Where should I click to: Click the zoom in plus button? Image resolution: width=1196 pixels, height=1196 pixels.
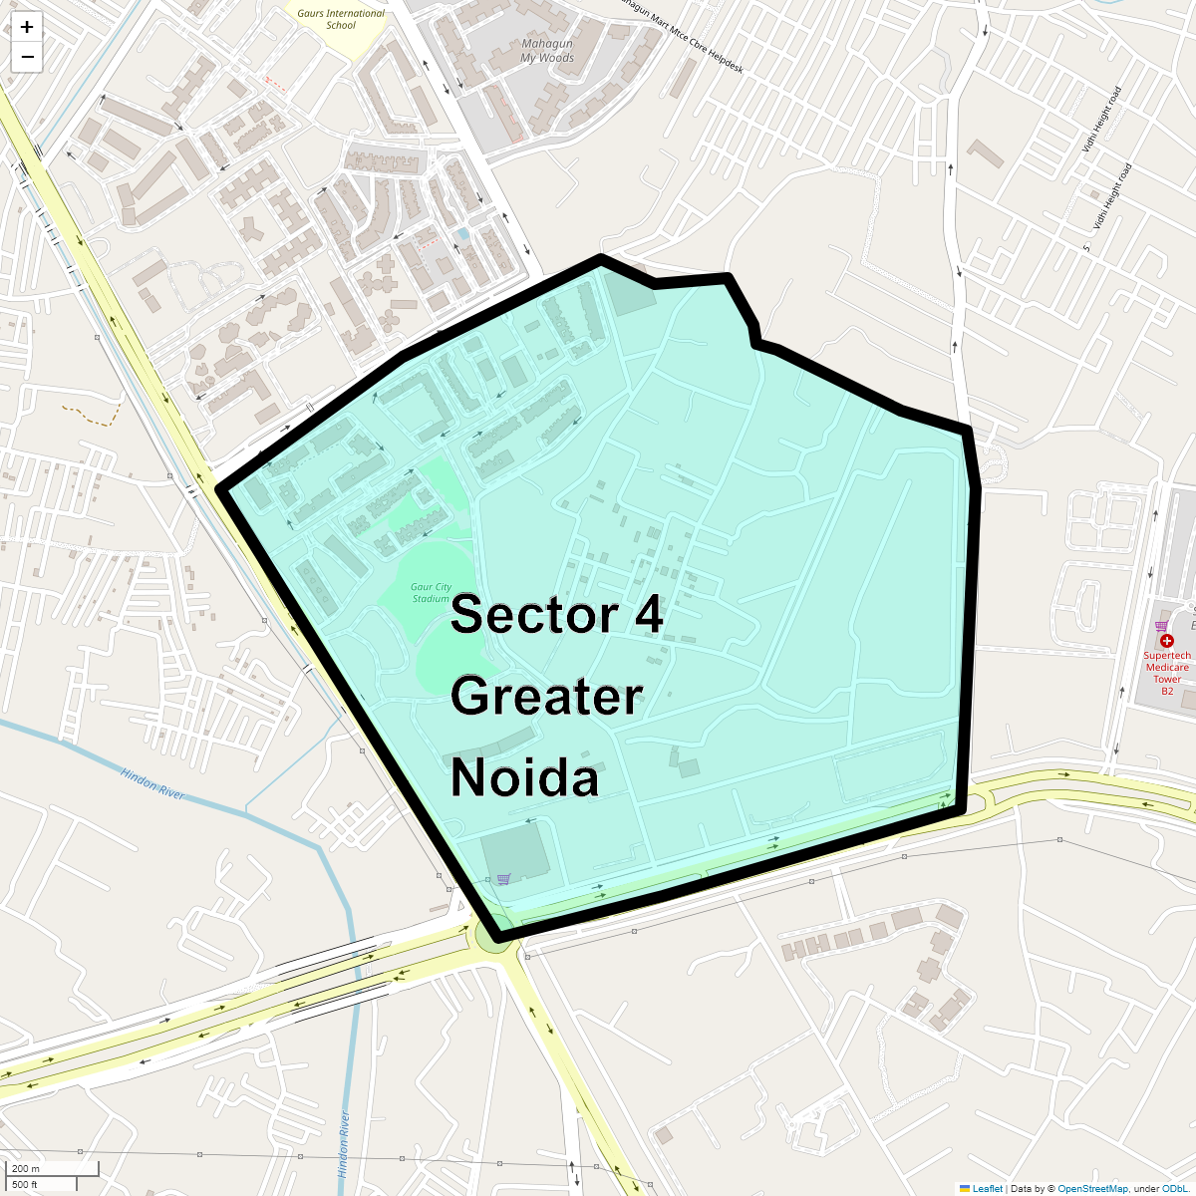[27, 27]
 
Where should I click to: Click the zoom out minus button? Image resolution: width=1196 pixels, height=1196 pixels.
[27, 57]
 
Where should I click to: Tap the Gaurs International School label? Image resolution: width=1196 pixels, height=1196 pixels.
[341, 19]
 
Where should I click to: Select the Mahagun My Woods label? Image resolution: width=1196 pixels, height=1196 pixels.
[547, 51]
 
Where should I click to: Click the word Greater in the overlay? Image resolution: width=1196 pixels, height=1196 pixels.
[546, 696]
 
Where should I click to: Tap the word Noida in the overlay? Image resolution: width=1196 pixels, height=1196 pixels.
[525, 777]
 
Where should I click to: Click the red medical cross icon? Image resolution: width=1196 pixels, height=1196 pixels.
[1167, 641]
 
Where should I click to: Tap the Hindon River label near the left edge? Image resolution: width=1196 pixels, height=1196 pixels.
[152, 782]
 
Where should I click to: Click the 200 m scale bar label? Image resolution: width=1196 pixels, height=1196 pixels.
[26, 1169]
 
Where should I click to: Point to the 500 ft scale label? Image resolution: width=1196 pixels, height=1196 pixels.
[25, 1184]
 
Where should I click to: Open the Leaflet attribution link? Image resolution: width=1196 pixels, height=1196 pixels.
[987, 1189]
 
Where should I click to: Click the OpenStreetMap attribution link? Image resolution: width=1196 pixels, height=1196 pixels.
[1092, 1189]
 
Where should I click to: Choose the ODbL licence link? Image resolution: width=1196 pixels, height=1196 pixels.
[1173, 1189]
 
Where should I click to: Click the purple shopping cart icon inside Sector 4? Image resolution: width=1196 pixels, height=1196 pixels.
[503, 879]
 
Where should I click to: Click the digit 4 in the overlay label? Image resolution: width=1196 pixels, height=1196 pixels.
[648, 615]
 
